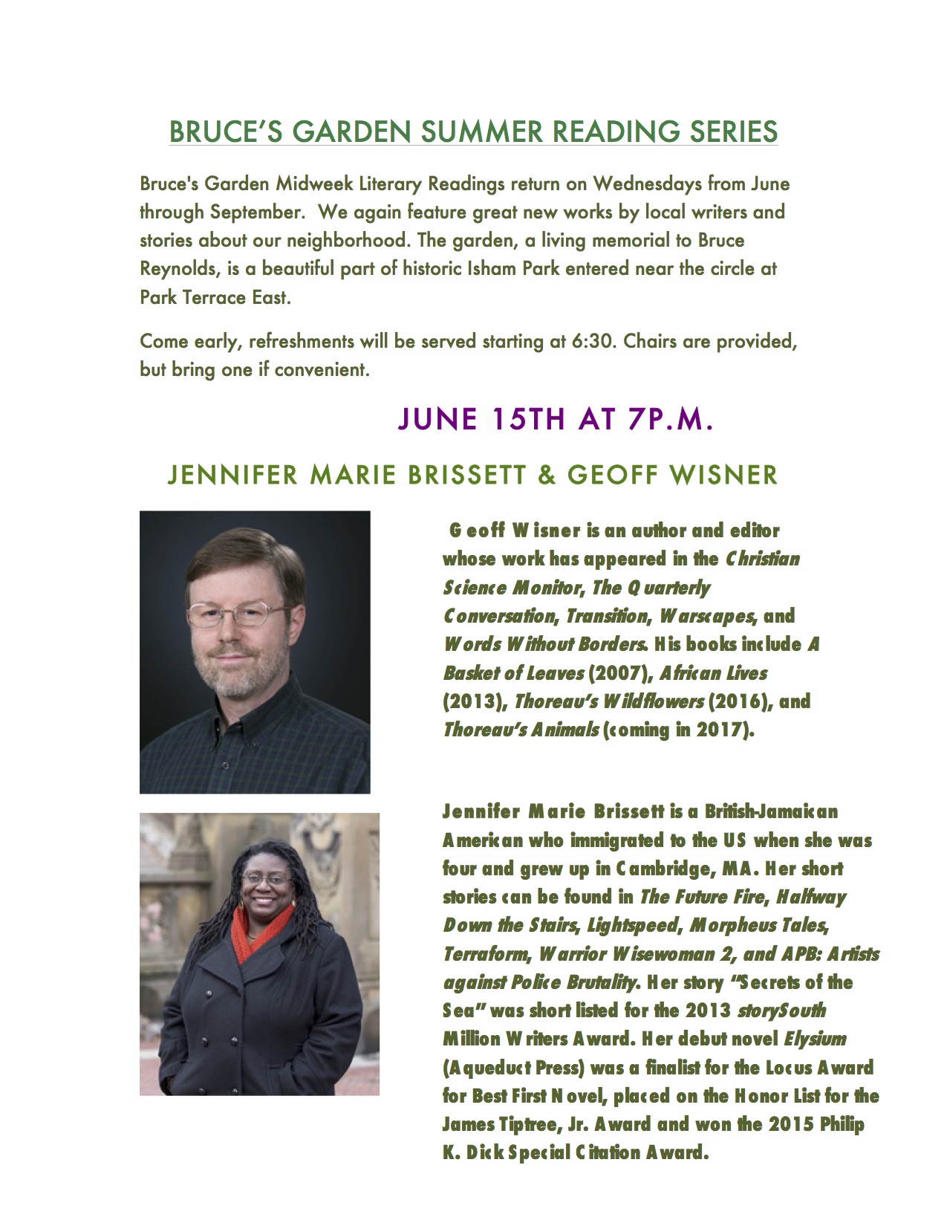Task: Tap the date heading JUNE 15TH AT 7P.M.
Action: click(x=556, y=419)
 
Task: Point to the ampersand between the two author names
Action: click(x=547, y=475)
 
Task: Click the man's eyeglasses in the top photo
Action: click(x=238, y=614)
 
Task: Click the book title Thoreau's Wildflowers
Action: click(x=608, y=701)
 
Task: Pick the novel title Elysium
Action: click(x=816, y=1038)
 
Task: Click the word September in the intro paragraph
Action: click(x=256, y=212)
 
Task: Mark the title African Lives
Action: click(x=713, y=673)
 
